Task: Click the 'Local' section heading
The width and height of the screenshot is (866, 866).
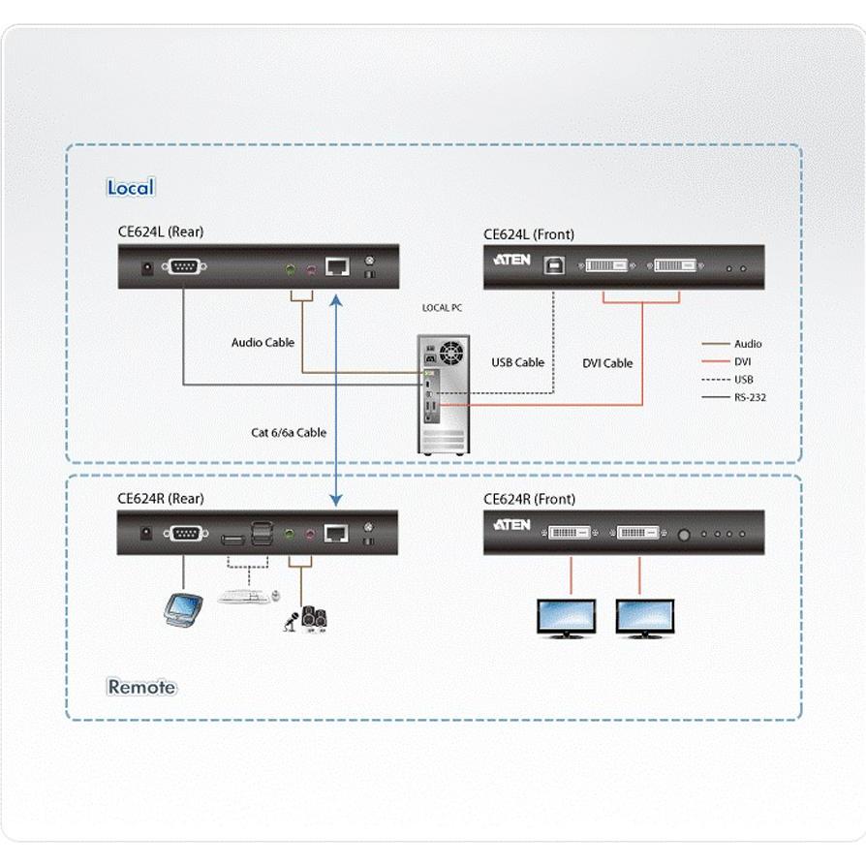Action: [131, 188]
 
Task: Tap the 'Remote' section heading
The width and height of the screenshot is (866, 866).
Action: [141, 687]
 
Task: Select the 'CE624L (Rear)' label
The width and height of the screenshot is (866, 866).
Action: [161, 232]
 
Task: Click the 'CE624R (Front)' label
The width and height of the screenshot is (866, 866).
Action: [529, 499]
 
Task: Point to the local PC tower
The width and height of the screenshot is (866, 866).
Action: [443, 394]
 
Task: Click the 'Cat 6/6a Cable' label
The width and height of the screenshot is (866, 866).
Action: [289, 432]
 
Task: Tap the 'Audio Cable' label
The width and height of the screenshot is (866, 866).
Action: [263, 342]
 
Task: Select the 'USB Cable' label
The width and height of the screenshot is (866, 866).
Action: [517, 362]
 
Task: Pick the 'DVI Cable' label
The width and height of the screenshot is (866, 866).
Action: [607, 363]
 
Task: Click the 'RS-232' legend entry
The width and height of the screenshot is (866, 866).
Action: [750, 397]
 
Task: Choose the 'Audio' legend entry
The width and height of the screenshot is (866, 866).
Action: [748, 344]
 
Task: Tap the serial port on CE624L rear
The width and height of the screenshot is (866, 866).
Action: [184, 267]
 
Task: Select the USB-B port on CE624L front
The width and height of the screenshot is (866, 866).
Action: [553, 265]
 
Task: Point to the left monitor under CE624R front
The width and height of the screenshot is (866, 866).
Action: [567, 616]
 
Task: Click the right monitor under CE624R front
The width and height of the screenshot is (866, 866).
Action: [644, 616]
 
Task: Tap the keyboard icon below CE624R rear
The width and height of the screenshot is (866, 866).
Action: [244, 596]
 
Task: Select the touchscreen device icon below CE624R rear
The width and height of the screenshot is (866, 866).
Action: [183, 607]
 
